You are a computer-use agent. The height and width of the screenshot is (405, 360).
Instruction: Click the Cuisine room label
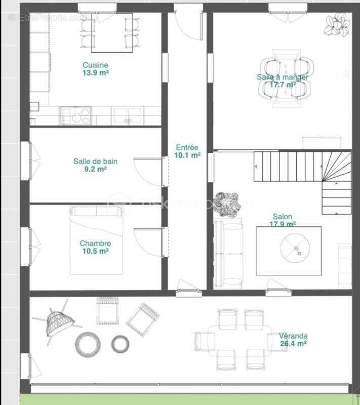(x=95, y=65)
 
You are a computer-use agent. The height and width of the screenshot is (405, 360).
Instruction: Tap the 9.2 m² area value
(x=95, y=170)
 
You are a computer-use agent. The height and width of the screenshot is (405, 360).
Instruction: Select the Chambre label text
(x=95, y=243)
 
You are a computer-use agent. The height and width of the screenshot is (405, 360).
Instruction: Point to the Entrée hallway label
(x=187, y=147)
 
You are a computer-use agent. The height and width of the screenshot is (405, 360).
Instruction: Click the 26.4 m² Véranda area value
(x=293, y=344)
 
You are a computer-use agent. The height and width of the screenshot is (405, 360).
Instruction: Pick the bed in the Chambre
(x=96, y=240)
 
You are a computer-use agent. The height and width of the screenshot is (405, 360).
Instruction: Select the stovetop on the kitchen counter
(x=76, y=115)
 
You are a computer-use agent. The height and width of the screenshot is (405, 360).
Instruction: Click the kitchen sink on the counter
(x=128, y=115)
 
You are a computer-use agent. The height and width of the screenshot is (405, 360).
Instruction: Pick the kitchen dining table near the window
(x=111, y=33)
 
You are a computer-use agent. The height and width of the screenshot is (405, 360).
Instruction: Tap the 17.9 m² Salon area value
(x=283, y=224)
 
